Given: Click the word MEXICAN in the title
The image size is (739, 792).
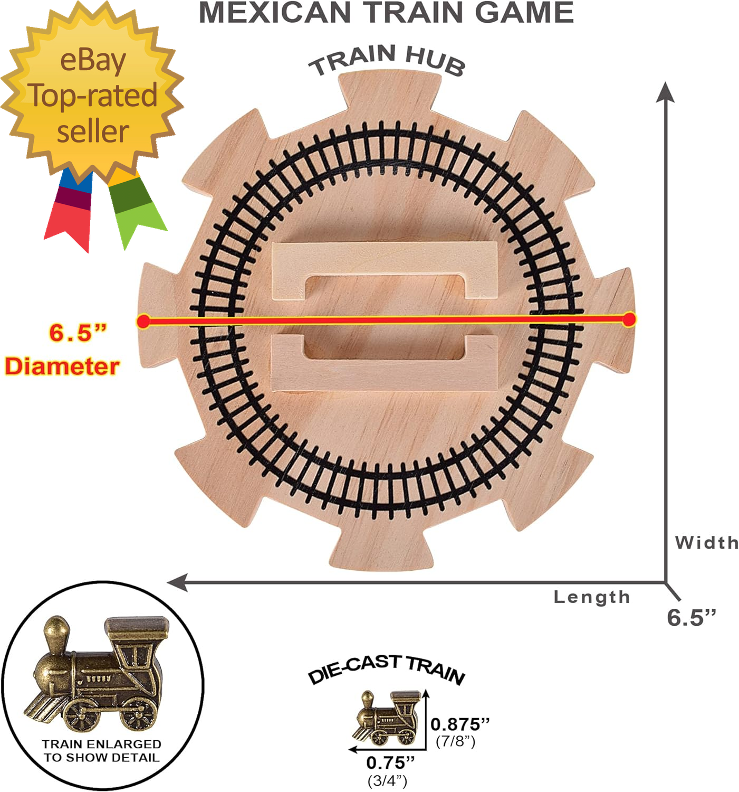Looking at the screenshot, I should click(274, 13).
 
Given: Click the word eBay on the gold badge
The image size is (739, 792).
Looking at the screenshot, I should click(93, 61).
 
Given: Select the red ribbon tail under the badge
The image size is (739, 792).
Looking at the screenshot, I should click(69, 222).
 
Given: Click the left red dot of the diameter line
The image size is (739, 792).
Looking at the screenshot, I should click(143, 321).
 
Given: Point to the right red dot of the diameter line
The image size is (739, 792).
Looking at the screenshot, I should click(629, 319).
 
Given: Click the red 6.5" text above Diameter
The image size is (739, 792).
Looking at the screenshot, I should click(78, 333).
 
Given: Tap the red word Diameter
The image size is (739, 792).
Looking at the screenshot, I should click(62, 366).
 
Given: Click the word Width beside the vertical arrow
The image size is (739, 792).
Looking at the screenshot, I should click(706, 542).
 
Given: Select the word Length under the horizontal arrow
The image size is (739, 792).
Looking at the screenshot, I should click(592, 597).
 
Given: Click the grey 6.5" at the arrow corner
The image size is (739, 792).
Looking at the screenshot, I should click(692, 617).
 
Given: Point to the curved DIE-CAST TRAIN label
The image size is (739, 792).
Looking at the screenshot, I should click(386, 669).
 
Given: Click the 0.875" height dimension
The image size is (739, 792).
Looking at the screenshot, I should click(460, 724).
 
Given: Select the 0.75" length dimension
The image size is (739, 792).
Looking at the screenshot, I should click(390, 762).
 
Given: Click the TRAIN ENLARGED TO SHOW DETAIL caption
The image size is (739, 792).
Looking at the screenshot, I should click(101, 751).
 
